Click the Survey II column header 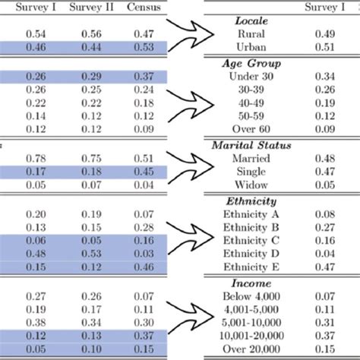click(x=90, y=8)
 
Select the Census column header click(x=141, y=8)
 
